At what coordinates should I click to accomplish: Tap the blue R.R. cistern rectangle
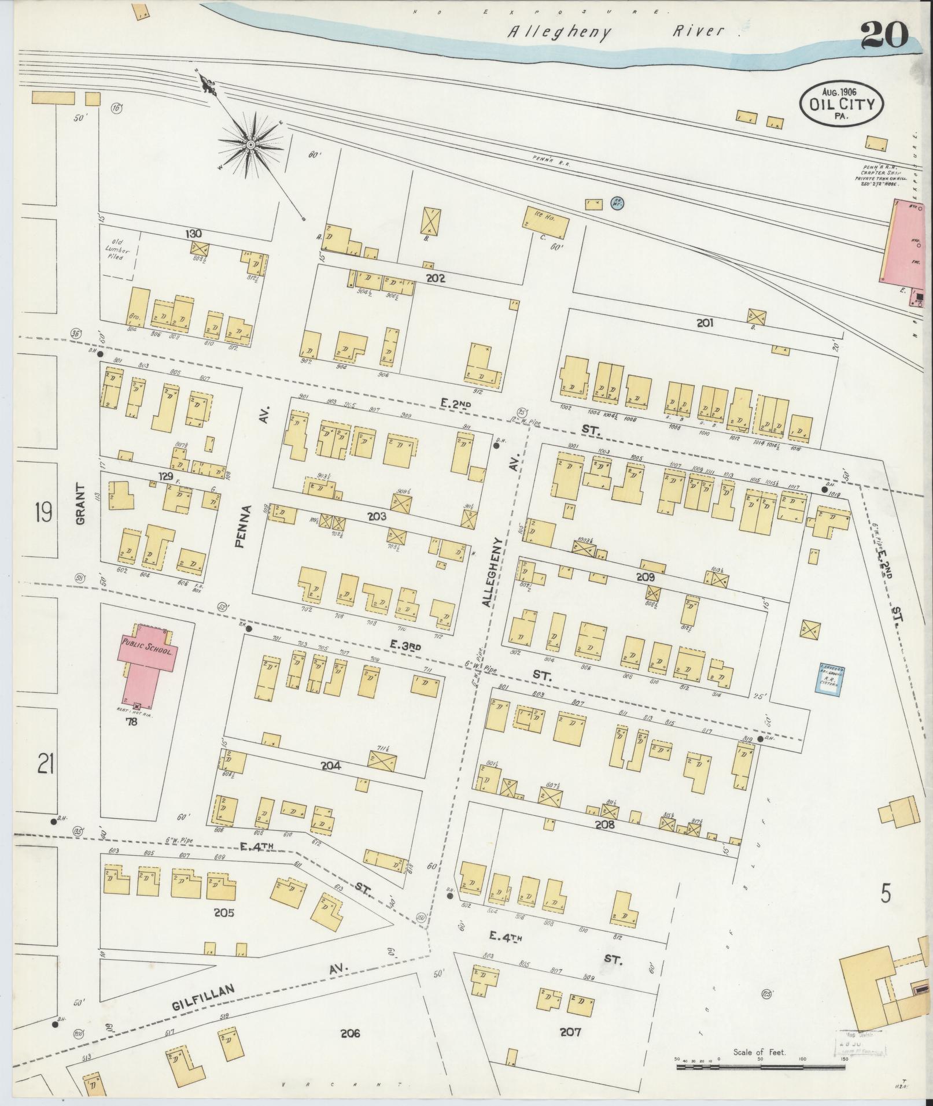click(828, 678)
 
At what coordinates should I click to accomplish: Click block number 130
click(193, 234)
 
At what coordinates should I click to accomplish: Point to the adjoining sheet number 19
click(43, 512)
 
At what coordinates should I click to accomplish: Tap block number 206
click(351, 1033)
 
